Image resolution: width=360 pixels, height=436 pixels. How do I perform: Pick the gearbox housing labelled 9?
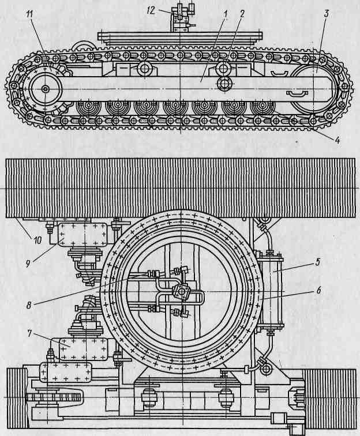78,235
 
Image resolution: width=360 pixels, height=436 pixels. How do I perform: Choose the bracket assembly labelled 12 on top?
181,20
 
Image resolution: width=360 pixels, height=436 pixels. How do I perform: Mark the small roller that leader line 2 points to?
224,83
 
